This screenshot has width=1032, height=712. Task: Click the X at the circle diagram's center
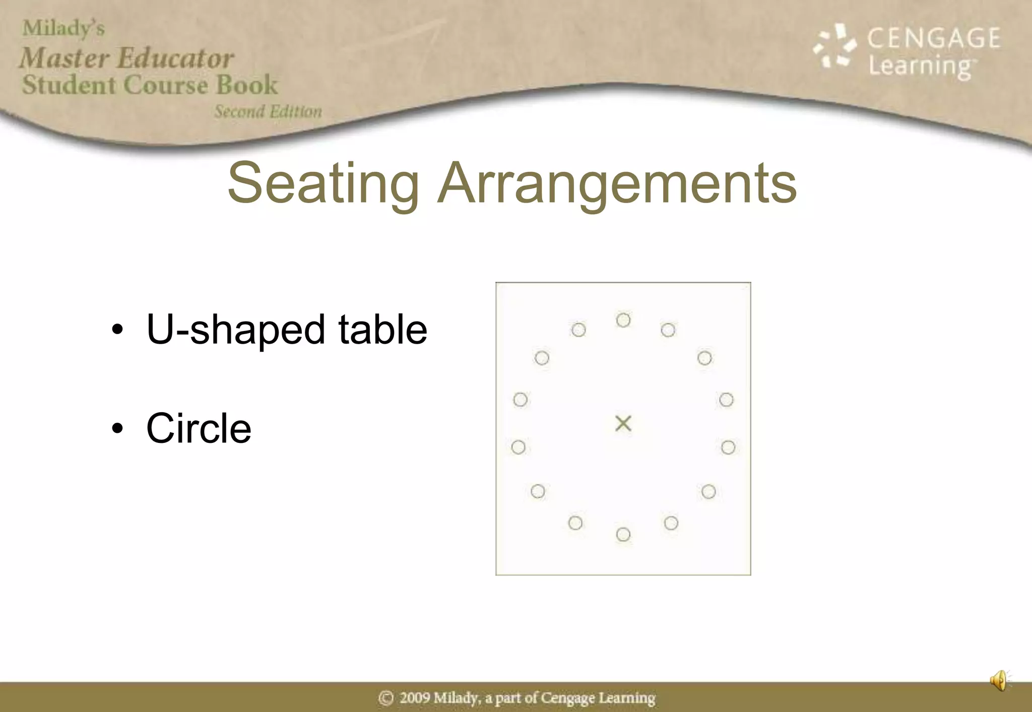[x=623, y=423]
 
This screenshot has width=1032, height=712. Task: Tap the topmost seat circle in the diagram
[x=623, y=320]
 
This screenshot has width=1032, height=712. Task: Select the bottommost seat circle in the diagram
[x=623, y=534]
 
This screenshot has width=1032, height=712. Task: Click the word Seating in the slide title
[x=323, y=183]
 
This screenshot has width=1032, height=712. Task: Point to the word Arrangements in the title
[x=617, y=183]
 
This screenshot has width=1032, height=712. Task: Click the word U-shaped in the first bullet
[x=235, y=330]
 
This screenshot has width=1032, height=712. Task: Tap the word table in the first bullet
[x=382, y=330]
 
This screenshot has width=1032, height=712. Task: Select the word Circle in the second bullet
[x=199, y=428]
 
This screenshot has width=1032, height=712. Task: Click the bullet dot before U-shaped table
[x=117, y=330]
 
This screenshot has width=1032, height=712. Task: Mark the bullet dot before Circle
[x=117, y=429]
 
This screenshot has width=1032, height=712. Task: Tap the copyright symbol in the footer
[x=386, y=698]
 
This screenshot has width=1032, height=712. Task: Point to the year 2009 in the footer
[x=415, y=698]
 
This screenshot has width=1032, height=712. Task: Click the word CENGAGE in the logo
[x=934, y=38]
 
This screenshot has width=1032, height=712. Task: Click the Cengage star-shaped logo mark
[x=834, y=46]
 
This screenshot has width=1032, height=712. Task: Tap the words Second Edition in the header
[x=268, y=111]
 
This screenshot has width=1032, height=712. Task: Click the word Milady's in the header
[x=63, y=28]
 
